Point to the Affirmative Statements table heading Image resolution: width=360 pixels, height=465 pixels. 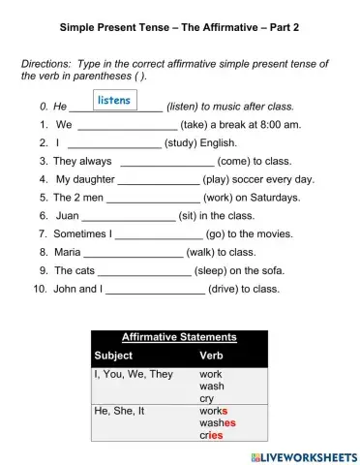179,337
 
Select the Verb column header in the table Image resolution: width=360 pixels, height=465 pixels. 211,355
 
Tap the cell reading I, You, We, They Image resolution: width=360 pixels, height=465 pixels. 134,373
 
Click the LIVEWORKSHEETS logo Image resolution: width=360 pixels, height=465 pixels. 302,454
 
